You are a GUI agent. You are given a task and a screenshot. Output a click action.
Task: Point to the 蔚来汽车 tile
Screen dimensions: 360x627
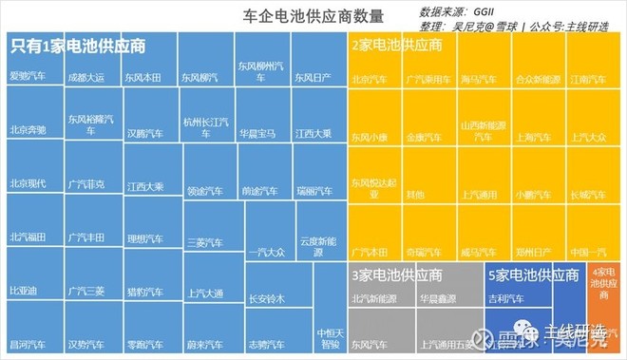[x=203, y=344]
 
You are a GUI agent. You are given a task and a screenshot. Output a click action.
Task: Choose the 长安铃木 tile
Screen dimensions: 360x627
[x=266, y=299]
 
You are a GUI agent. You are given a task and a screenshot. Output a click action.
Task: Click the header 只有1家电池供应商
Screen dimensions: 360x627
[x=78, y=45]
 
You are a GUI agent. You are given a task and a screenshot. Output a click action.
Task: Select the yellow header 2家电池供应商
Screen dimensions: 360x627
[x=397, y=45]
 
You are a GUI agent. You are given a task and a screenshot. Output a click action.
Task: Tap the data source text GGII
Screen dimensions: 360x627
[x=496, y=11]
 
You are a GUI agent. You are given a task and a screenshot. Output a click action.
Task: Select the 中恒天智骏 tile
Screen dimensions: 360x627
[x=329, y=338]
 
